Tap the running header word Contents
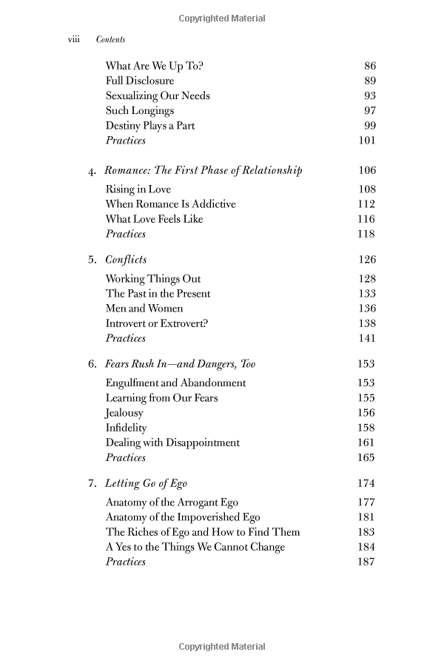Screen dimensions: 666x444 pos(111,40)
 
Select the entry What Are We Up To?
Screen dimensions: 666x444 pos(155,66)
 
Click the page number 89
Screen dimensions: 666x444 pos(370,81)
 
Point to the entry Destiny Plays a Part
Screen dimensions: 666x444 pos(150,126)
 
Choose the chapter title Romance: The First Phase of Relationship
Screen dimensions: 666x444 pos(203,171)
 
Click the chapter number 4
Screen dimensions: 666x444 pos(92,171)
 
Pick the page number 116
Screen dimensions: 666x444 pos(366,219)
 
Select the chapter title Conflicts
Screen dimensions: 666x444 pos(126,260)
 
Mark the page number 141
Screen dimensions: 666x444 pos(366,338)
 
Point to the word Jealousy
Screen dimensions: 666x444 pos(124,413)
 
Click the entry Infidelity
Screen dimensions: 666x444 pos(126,428)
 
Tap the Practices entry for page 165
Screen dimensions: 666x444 pos(126,457)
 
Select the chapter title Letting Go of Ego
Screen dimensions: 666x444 pos(147,484)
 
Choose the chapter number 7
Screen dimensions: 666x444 pos(92,484)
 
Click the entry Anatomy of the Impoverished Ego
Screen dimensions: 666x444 pos(183,517)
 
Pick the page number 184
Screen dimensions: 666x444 pos(366,547)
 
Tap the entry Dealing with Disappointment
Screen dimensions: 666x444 pos(172,443)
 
